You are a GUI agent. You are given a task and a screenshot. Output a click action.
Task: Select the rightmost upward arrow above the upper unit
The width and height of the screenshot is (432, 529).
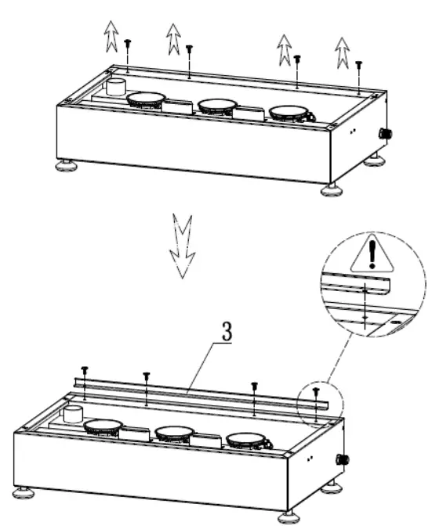click(x=342, y=51)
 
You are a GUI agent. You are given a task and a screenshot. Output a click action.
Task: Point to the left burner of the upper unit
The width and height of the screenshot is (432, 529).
click(x=146, y=99)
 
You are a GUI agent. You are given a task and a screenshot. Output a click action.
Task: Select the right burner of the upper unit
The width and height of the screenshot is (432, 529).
click(x=291, y=113)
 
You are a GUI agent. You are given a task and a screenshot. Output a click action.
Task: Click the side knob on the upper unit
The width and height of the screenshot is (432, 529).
click(x=385, y=134)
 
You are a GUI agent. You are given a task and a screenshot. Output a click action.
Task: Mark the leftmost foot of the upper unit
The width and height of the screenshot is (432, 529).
click(x=65, y=166)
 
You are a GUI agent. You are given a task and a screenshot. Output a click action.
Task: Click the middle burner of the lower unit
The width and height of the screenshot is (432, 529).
click(x=175, y=434)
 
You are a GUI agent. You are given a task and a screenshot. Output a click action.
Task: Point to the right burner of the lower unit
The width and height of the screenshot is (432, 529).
click(x=248, y=441)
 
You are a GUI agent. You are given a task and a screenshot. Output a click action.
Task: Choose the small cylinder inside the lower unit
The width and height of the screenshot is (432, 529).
click(x=74, y=414)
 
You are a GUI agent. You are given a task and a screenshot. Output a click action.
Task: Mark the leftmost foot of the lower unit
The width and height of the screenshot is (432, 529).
click(x=23, y=494)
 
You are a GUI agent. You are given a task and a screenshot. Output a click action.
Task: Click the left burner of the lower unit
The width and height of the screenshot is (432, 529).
click(x=103, y=427)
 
